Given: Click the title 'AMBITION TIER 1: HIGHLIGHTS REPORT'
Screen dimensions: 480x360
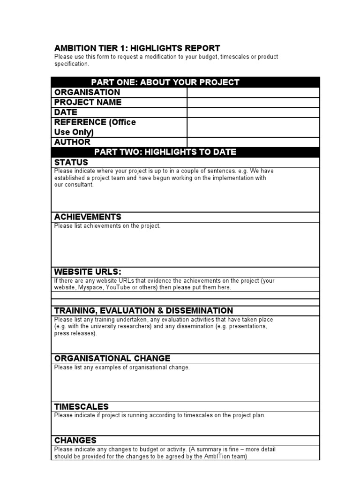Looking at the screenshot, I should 137,48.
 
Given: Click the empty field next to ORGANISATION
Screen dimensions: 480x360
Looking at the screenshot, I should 253,92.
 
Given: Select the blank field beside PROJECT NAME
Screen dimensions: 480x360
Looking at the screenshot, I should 253,102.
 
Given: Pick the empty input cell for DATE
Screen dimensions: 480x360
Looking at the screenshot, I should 253,112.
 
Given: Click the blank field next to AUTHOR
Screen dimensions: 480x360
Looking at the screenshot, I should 253,142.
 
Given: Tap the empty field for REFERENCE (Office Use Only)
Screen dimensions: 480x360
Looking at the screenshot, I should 253,127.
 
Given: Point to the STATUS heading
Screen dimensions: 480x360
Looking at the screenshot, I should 71,162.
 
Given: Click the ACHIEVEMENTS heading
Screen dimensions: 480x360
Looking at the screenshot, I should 88,217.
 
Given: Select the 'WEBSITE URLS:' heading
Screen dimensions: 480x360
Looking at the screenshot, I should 88,272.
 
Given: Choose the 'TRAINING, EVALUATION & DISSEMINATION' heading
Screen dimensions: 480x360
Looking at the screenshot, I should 143,310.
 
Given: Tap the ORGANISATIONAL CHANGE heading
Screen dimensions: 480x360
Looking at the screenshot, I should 112,359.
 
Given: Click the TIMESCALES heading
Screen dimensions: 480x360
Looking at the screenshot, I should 82,406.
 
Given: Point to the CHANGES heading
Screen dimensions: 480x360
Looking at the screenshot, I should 75,440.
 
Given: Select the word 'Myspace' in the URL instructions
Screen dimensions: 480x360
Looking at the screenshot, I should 90,287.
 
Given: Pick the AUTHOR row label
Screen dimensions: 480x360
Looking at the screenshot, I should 73,142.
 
